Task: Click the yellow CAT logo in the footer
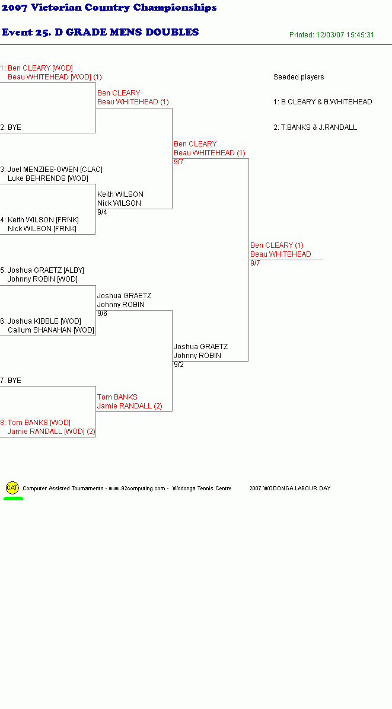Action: coord(12,487)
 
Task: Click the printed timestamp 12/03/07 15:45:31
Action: coord(345,35)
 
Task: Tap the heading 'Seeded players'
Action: coord(298,77)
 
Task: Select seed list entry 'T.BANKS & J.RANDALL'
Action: coord(318,127)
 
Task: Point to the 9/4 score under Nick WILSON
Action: coord(102,212)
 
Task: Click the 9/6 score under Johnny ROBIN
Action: coord(102,314)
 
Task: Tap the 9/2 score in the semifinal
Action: coord(179,365)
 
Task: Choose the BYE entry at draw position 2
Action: coord(14,127)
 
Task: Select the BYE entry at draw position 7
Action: coord(14,381)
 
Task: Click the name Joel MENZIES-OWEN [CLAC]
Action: coord(55,170)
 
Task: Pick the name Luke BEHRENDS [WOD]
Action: coord(48,178)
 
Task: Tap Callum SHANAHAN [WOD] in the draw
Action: coord(50,330)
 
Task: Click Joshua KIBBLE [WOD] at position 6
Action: coord(44,321)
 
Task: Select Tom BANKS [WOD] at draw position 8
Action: coord(39,423)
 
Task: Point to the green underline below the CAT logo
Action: coord(13,499)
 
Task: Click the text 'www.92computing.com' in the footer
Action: coord(137,488)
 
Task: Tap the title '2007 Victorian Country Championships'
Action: coord(109,8)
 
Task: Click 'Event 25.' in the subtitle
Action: coord(26,32)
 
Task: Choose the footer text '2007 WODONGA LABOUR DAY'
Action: coord(290,488)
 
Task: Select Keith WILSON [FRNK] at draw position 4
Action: coord(43,220)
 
